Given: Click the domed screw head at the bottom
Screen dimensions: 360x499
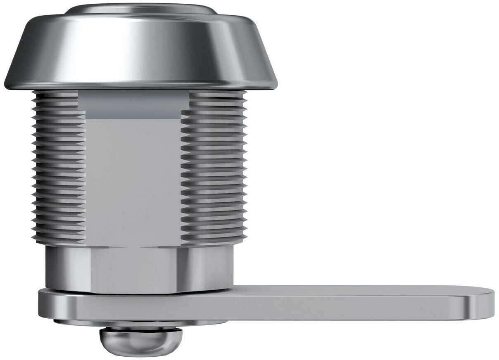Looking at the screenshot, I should (140, 341).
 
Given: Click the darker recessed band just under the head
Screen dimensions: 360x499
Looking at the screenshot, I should (133, 105).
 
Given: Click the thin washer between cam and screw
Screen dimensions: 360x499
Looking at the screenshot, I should (140, 323).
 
